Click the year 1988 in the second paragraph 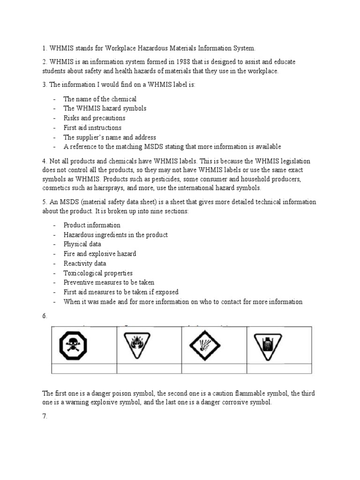pyautogui.click(x=184, y=62)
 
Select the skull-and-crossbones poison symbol pyautogui.click(x=73, y=346)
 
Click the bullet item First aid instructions pyautogui.click(x=92, y=127)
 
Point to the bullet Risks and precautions pyautogui.click(x=94, y=118)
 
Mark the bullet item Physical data pyautogui.click(x=82, y=244)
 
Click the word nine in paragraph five pyautogui.click(x=153, y=211)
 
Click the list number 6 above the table pyautogui.click(x=45, y=316)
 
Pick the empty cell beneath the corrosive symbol pyautogui.click(x=279, y=368)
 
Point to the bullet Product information pyautogui.click(x=92, y=225)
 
